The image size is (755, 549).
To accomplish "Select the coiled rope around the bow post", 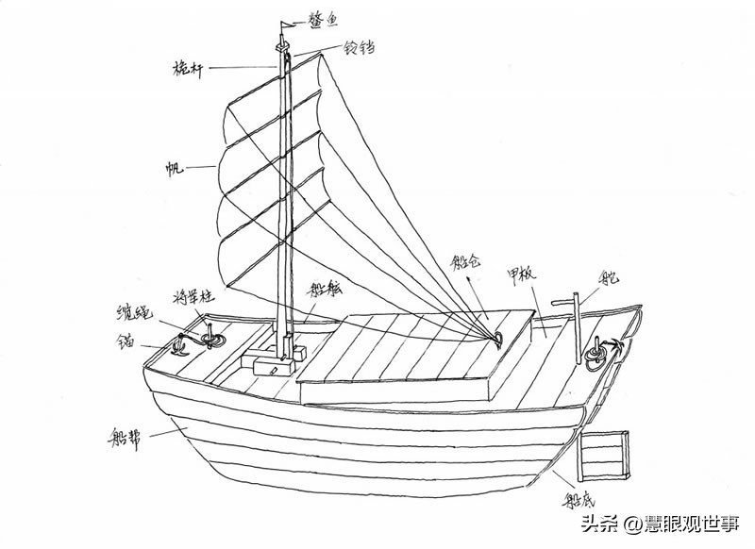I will click(x=210, y=337).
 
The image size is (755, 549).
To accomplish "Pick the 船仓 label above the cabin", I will click(x=468, y=261).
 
